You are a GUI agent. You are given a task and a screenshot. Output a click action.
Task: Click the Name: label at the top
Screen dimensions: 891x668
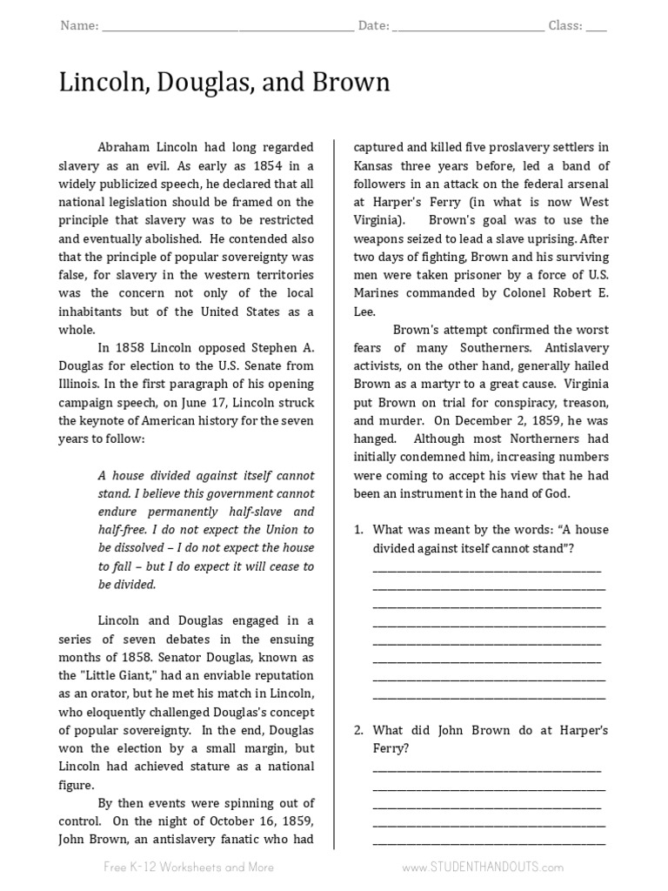tap(79, 26)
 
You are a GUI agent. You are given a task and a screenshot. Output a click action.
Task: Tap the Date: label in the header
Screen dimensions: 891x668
tap(373, 26)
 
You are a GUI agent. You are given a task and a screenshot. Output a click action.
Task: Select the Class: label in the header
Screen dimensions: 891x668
tap(565, 26)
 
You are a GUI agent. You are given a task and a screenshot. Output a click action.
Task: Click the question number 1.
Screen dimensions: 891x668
tap(357, 530)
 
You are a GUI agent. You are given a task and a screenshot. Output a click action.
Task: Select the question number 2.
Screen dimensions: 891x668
tap(357, 730)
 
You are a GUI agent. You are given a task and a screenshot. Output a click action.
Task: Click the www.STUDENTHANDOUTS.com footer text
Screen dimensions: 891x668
tap(483, 867)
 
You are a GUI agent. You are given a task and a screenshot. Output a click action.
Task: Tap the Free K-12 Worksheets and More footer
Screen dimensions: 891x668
tap(189, 867)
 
